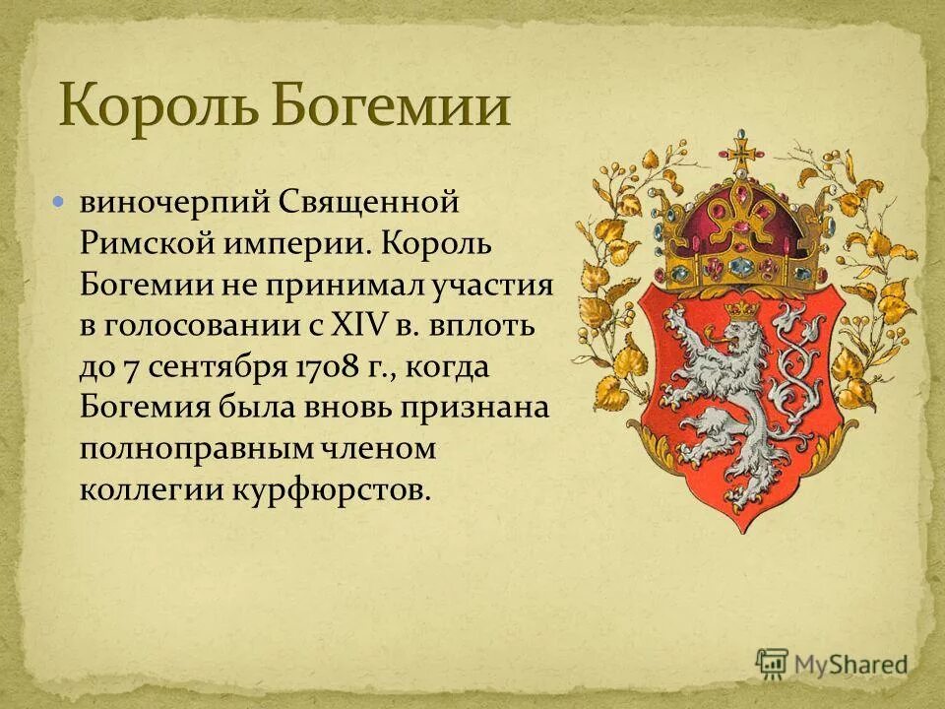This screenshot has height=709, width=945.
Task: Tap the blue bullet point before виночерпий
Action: pos(59,201)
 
